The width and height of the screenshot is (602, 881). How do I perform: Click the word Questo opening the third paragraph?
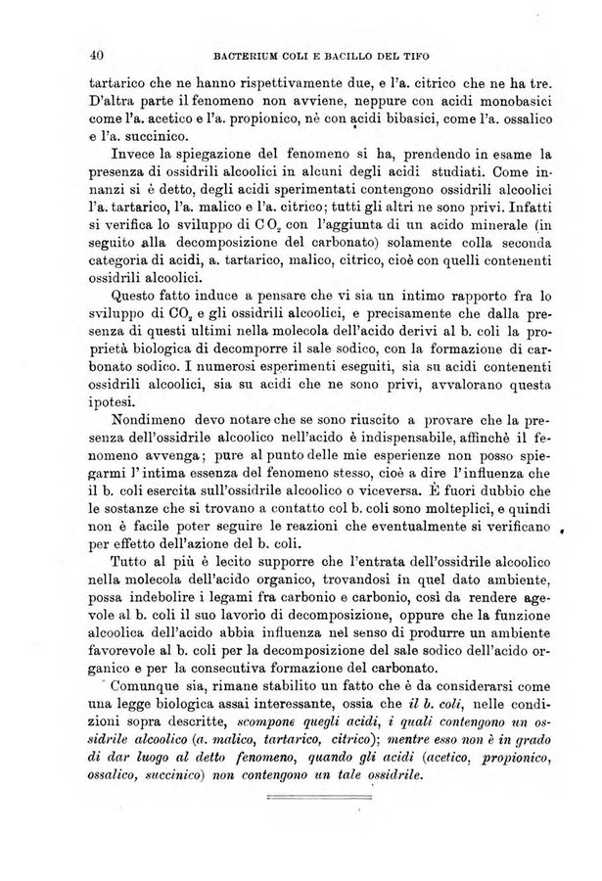tap(139, 295)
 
